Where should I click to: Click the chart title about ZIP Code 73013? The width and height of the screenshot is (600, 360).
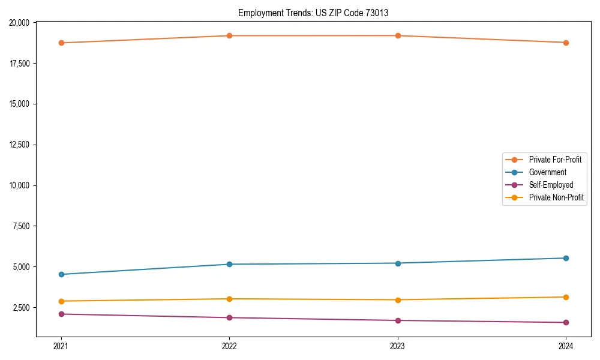click(317, 13)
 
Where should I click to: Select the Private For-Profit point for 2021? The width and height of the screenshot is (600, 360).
click(61, 43)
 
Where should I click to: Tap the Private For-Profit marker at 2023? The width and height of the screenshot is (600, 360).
click(398, 35)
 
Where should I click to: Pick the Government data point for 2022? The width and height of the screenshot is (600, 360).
click(229, 264)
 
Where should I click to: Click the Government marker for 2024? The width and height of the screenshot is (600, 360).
click(566, 258)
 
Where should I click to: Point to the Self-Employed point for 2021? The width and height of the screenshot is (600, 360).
click(61, 314)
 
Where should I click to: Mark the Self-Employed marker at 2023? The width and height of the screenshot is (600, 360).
click(398, 320)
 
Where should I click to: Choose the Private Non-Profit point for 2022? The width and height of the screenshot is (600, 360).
click(229, 299)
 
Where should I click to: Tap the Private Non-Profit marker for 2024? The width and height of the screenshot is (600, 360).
click(566, 297)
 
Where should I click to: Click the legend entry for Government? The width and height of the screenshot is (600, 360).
click(547, 172)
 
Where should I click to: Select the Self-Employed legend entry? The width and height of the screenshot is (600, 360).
click(551, 185)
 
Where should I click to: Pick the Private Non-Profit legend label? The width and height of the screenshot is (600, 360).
click(556, 197)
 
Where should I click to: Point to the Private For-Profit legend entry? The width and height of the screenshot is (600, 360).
click(555, 160)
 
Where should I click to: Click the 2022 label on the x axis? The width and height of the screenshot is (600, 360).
click(229, 346)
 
